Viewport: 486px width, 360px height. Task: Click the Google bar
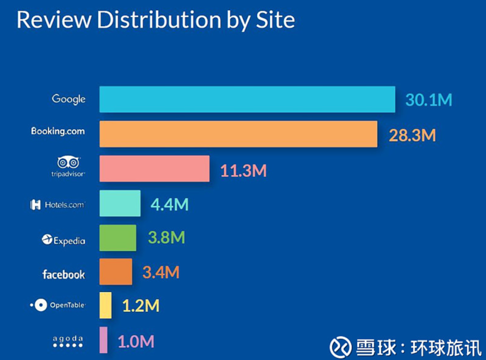(247, 99)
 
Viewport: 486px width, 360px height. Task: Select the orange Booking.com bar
(238, 134)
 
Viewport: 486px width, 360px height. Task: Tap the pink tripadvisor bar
(154, 169)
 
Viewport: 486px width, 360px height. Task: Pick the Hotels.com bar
(120, 203)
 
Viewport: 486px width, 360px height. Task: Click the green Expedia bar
(117, 238)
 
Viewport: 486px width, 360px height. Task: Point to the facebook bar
(116, 271)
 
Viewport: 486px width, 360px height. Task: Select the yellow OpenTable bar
(105, 305)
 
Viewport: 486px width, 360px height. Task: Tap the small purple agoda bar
(103, 340)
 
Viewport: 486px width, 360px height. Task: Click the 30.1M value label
(428, 100)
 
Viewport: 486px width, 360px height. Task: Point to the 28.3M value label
(412, 135)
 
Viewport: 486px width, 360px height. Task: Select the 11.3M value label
(243, 171)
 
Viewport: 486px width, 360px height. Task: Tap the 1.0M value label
(135, 342)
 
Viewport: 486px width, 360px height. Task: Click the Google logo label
(68, 99)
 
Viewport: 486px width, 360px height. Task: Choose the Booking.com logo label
(58, 131)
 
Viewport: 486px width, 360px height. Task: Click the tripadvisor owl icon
(68, 162)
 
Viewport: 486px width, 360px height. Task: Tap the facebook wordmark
(63, 274)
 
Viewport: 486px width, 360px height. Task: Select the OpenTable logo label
(58, 305)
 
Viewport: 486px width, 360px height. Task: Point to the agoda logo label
(68, 342)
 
